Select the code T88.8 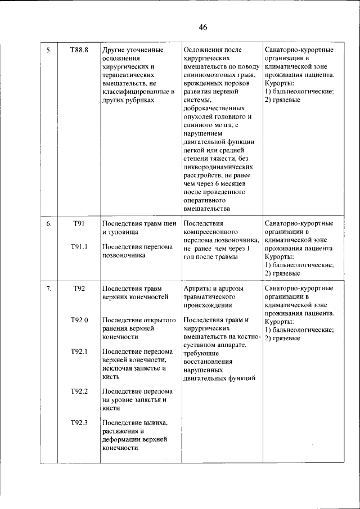[79, 50]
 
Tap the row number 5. [49, 50]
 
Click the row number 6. [49, 224]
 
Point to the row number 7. [49, 289]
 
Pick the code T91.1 [79, 246]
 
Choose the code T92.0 [79, 320]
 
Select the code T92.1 [79, 352]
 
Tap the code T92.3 [79, 422]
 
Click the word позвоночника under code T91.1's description [124, 255]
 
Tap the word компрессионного [210, 232]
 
